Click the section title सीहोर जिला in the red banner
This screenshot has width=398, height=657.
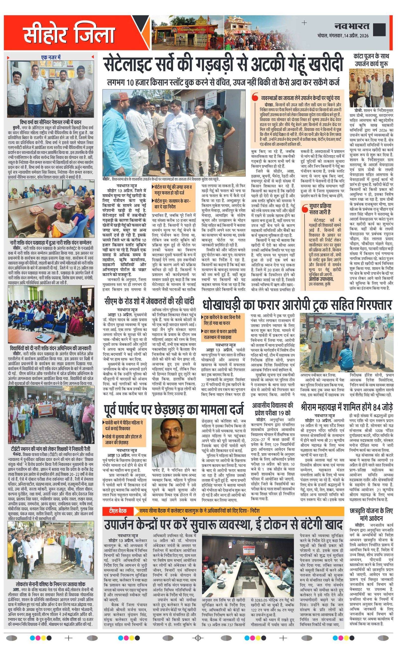pos(69,33)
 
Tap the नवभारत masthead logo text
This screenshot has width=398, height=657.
pos(352,26)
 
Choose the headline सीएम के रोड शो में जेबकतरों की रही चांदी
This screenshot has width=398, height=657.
pos(149,302)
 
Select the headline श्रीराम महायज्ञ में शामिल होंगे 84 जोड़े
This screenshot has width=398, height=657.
pos(347,408)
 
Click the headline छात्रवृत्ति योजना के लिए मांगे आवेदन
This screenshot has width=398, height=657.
pos(371,515)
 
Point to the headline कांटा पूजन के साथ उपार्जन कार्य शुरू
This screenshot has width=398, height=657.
pos(371,60)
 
